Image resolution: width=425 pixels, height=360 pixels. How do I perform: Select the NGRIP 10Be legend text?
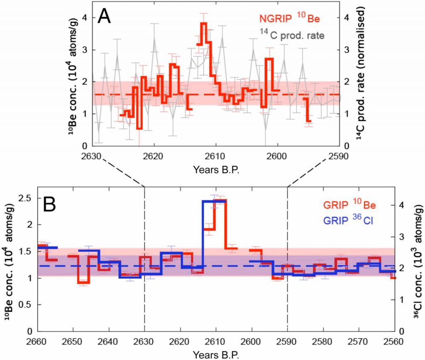click(291, 18)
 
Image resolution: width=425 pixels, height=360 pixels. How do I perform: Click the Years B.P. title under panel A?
click(216, 169)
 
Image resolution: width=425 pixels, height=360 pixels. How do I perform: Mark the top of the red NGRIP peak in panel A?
click(203, 23)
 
